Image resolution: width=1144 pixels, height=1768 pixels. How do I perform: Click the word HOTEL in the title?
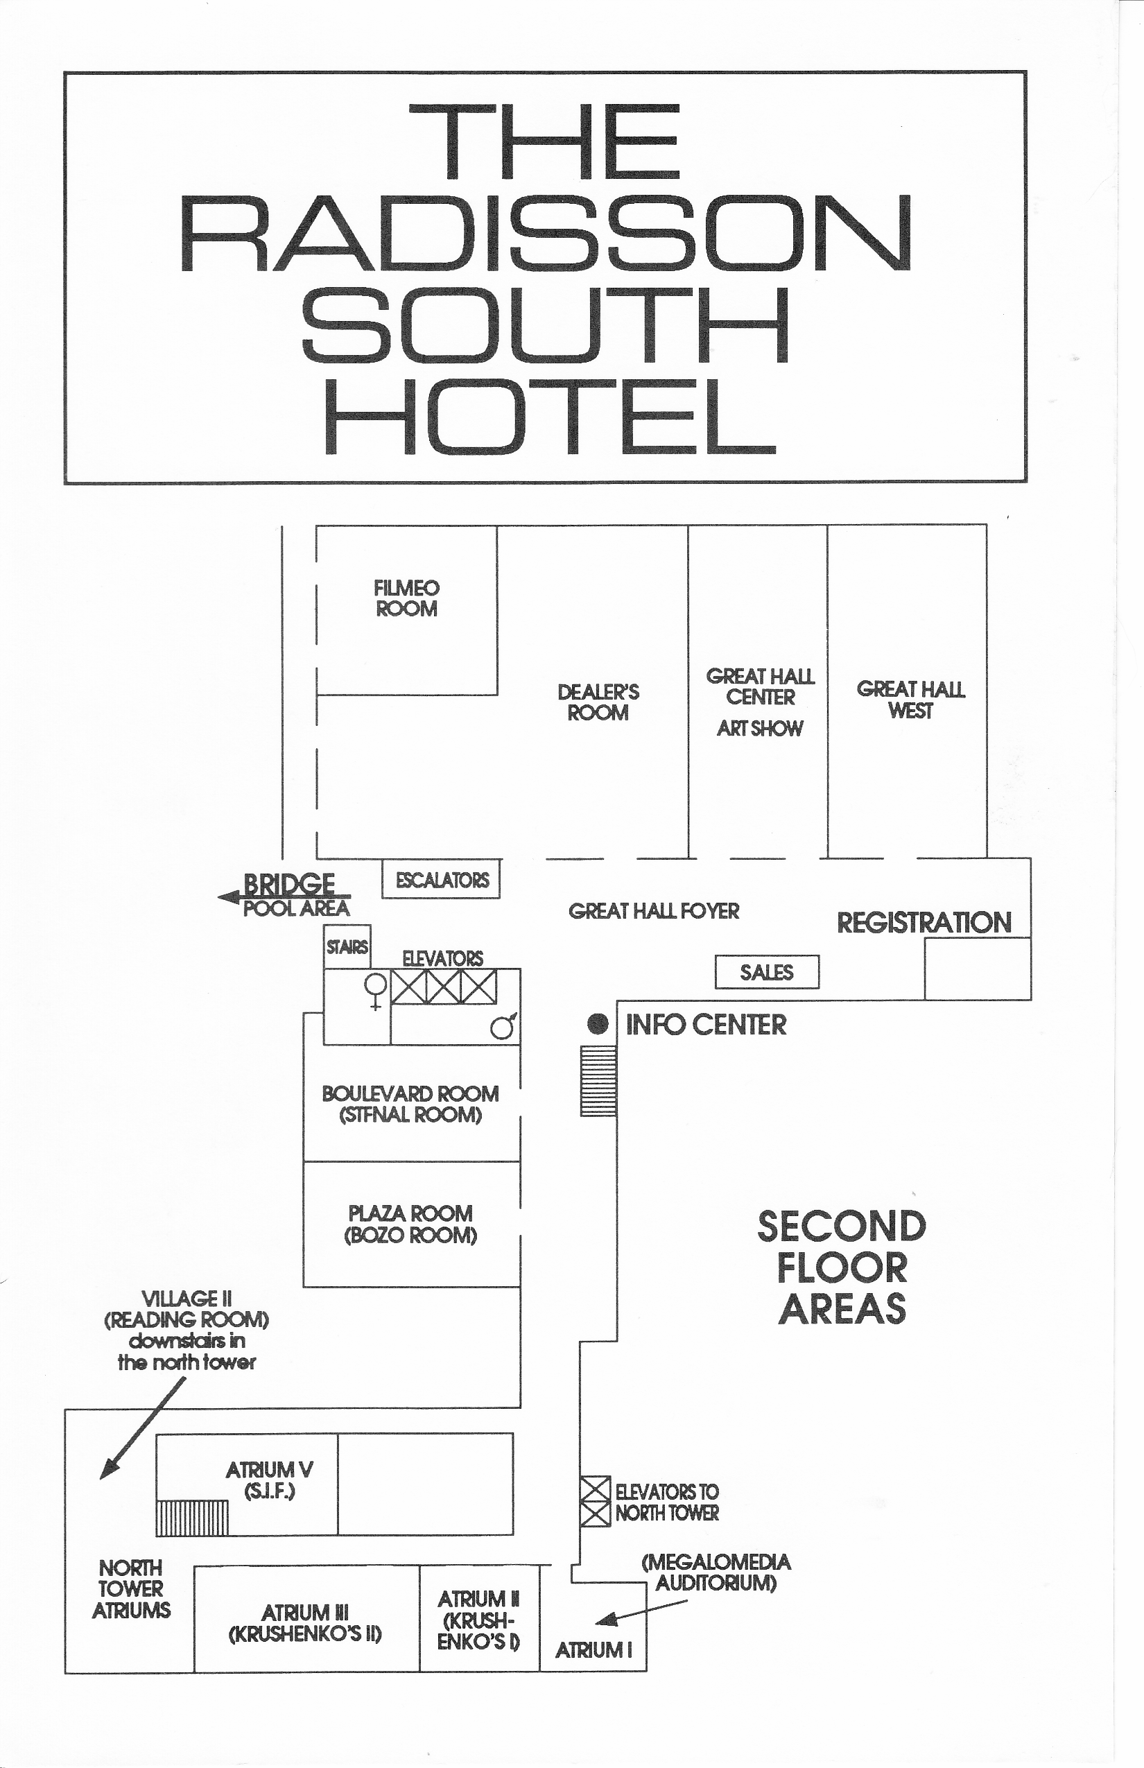click(551, 417)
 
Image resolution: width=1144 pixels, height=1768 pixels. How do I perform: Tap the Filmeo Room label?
click(406, 598)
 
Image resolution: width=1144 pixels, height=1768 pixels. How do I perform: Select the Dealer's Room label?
click(598, 702)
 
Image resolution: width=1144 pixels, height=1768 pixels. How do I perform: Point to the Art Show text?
click(760, 728)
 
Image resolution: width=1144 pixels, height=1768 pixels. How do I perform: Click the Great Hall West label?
click(911, 699)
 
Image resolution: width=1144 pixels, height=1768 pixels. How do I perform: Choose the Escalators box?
click(441, 880)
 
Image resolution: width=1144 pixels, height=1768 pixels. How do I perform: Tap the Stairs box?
click(347, 946)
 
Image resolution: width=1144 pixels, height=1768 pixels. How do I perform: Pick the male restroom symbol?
click(503, 1025)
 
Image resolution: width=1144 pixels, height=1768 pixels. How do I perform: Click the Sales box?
click(767, 971)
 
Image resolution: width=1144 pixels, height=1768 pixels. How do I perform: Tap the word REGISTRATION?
click(924, 923)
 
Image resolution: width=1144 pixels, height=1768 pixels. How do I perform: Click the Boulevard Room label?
click(410, 1104)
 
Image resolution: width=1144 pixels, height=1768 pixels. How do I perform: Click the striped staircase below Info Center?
click(598, 1080)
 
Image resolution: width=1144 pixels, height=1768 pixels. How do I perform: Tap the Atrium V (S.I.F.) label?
click(270, 1480)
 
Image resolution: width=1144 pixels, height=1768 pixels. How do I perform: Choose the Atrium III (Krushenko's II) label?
click(305, 1623)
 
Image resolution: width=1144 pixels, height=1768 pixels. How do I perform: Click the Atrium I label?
click(593, 1651)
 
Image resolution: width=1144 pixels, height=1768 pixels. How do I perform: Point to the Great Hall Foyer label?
click(654, 911)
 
